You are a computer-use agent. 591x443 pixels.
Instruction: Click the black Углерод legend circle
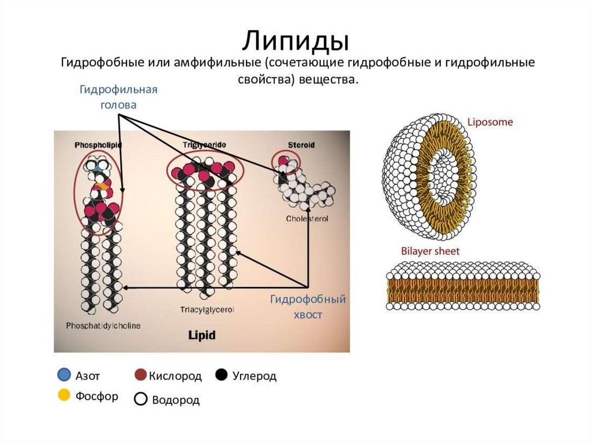point(220,375)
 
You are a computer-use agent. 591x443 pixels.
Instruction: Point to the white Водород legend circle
point(140,399)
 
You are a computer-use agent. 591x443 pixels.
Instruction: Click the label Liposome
point(489,122)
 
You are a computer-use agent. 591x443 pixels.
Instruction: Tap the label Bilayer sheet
point(430,251)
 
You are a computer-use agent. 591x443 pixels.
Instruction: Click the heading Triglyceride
point(204,144)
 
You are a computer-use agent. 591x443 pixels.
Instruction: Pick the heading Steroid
point(301,145)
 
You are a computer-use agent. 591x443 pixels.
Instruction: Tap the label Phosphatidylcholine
point(103,325)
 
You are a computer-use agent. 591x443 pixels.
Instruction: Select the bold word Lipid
point(201,334)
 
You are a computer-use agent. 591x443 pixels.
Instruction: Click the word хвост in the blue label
point(306,315)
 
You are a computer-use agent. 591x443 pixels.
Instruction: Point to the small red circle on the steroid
point(283,161)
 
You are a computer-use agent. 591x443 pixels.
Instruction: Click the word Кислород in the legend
point(175,376)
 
